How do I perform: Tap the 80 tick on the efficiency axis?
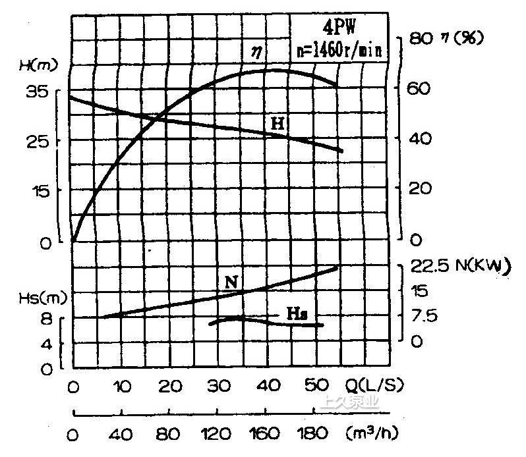(x=420, y=38)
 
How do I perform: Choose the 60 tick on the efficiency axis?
(x=420, y=88)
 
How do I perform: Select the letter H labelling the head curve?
(x=278, y=123)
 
